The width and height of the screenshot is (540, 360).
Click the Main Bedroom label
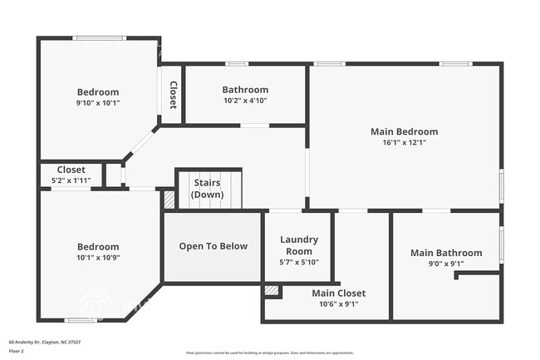(404, 131)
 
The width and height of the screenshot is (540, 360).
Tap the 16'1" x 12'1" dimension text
(404, 143)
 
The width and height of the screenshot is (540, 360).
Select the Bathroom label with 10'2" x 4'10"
(245, 90)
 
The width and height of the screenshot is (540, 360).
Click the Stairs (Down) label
(208, 188)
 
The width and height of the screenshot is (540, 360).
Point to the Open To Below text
(213, 246)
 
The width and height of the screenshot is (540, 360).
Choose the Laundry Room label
(297, 245)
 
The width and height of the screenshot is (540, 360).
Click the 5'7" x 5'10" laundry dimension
(297, 263)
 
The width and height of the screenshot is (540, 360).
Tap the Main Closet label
(338, 293)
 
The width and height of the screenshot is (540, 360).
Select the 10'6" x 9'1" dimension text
(338, 304)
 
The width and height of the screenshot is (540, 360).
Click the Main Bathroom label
(446, 253)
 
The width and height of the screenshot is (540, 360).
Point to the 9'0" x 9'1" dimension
(446, 264)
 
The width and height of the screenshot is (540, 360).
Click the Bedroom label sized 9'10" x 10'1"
(98, 92)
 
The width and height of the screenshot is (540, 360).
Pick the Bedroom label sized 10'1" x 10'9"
(98, 247)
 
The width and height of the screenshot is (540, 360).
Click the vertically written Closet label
(173, 95)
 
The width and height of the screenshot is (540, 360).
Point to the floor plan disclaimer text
(270, 352)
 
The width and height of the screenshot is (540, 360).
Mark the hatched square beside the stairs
(169, 200)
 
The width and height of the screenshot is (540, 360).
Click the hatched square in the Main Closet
(271, 291)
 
